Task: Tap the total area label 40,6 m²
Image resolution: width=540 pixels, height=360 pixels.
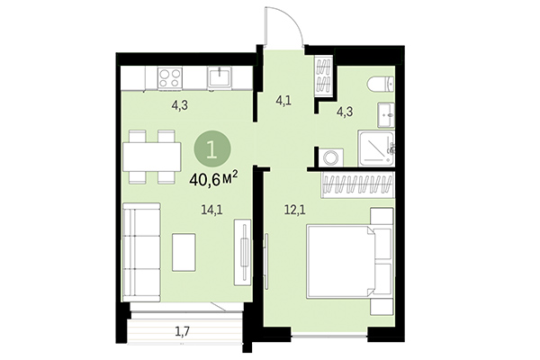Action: point(213,178)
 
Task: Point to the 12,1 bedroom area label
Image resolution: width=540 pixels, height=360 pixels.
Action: point(283,211)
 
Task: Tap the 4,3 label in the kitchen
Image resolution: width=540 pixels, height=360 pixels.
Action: point(181,104)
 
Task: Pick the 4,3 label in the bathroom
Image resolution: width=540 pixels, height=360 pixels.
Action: point(345,112)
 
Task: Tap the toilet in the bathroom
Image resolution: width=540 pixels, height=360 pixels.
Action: point(380,86)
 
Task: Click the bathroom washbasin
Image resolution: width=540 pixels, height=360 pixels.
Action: point(387,114)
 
